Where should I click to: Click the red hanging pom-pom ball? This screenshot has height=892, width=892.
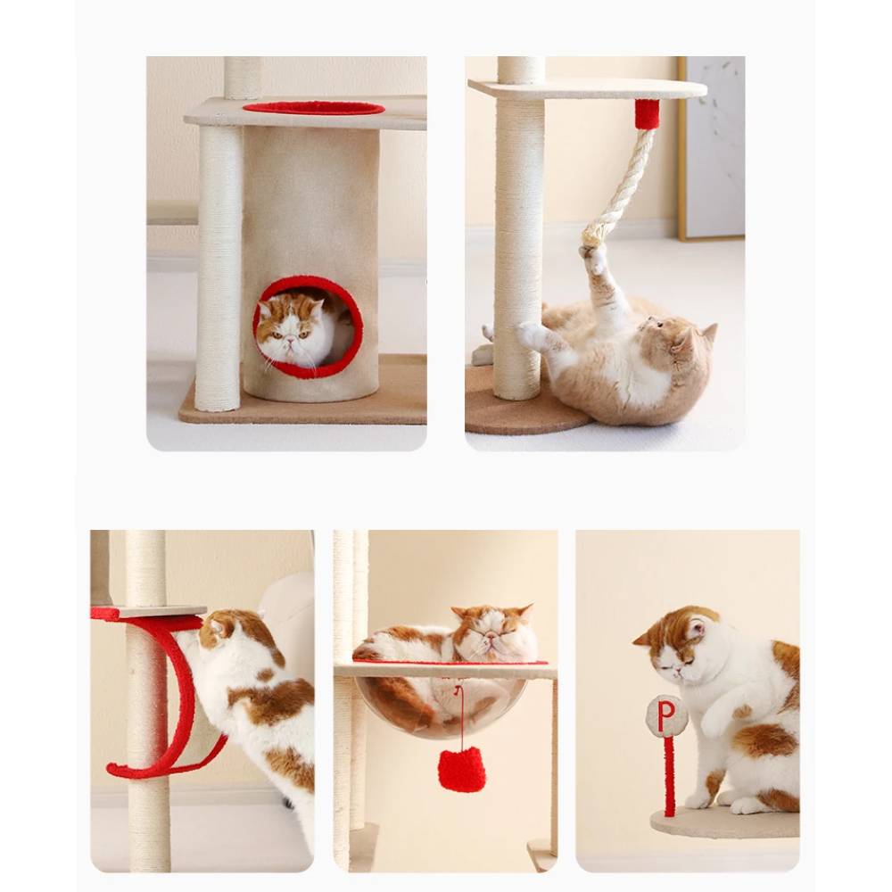[461, 770]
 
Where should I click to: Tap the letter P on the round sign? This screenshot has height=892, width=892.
[666, 715]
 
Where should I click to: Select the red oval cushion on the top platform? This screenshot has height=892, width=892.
[313, 108]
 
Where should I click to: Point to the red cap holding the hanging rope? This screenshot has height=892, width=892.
[648, 114]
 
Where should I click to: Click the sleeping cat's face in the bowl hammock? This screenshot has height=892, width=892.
[492, 635]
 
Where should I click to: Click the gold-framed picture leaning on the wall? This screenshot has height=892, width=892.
[711, 148]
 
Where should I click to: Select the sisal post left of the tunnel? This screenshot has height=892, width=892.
[219, 268]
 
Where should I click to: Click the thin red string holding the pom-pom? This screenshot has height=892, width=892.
[459, 717]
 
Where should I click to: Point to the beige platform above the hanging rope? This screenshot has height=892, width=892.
[588, 88]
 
